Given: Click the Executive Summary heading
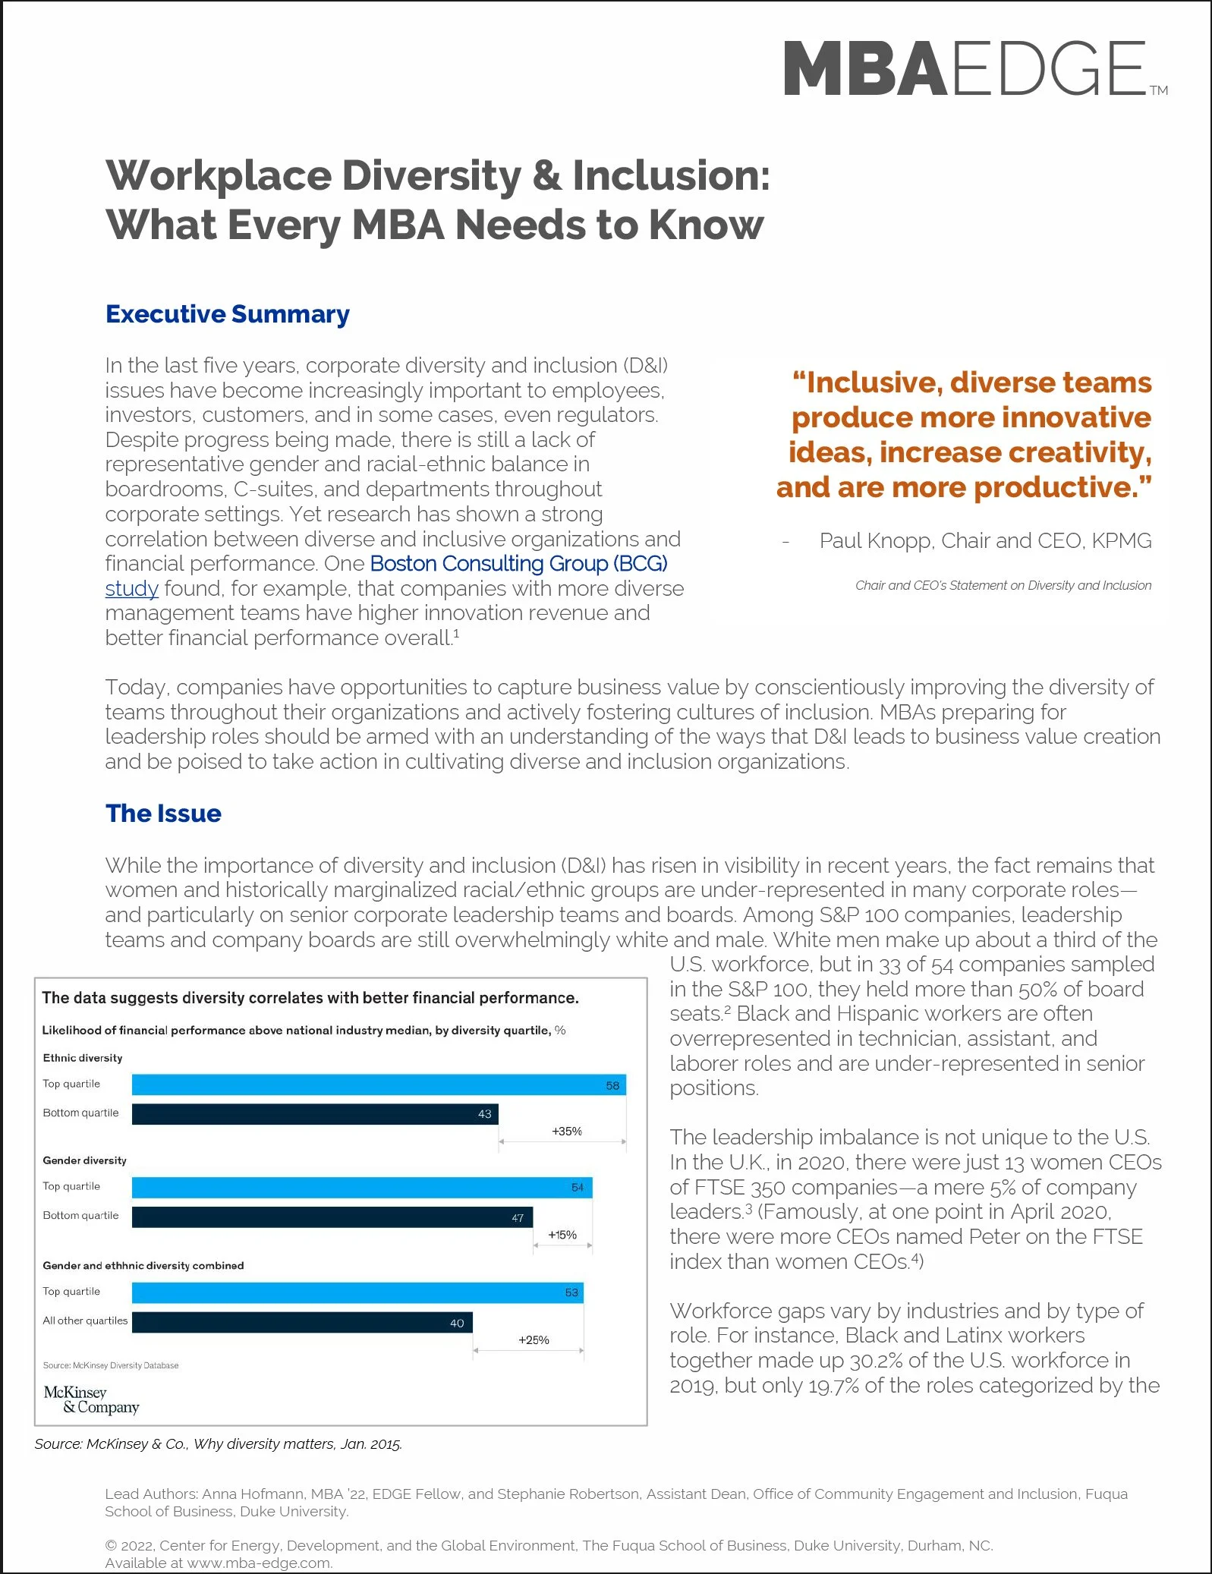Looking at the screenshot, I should tap(228, 314).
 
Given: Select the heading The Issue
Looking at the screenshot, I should tap(163, 814).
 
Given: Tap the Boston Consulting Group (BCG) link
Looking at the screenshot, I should tap(518, 564).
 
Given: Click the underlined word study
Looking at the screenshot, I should tap(131, 589).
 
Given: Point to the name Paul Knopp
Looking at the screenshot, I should tap(874, 541).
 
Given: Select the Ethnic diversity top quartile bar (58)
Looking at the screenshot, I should tap(378, 1084).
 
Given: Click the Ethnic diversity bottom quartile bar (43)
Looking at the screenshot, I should tap(314, 1114).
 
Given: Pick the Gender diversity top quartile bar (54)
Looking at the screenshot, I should tap(361, 1187).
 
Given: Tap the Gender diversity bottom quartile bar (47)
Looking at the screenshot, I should tap(332, 1217).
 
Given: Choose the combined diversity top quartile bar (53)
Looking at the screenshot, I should tap(357, 1292).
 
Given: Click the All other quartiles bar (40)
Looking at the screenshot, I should tap(301, 1322).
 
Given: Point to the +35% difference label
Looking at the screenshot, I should tap(566, 1132).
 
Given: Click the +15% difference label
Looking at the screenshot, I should tap(562, 1235).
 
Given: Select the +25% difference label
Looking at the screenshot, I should tap(534, 1340).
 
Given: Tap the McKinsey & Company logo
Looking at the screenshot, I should tap(91, 1399).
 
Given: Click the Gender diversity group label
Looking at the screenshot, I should tap(84, 1160).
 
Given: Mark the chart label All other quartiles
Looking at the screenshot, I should tap(85, 1321).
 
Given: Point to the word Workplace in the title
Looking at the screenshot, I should tap(219, 176).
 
